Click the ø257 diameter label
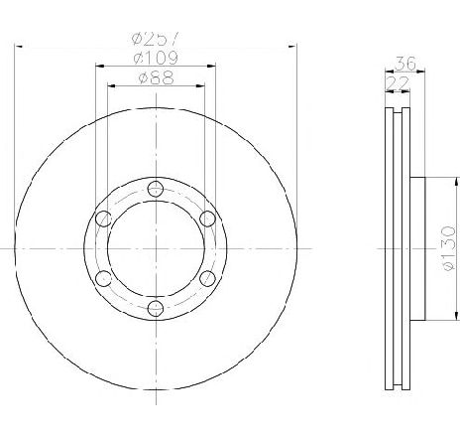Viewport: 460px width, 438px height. tap(156, 38)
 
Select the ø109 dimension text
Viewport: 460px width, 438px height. tap(156, 59)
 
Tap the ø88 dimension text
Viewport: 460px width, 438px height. tap(156, 78)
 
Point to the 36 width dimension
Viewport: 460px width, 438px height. tap(405, 64)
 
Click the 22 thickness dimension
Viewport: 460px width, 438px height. tap(398, 83)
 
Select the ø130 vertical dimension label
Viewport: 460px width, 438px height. tap(449, 248)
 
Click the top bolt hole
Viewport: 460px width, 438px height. tap(156, 189)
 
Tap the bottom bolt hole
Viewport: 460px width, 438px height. tap(156, 308)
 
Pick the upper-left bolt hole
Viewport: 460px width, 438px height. tap(103, 219)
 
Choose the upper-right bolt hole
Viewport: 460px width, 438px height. tap(208, 219)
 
